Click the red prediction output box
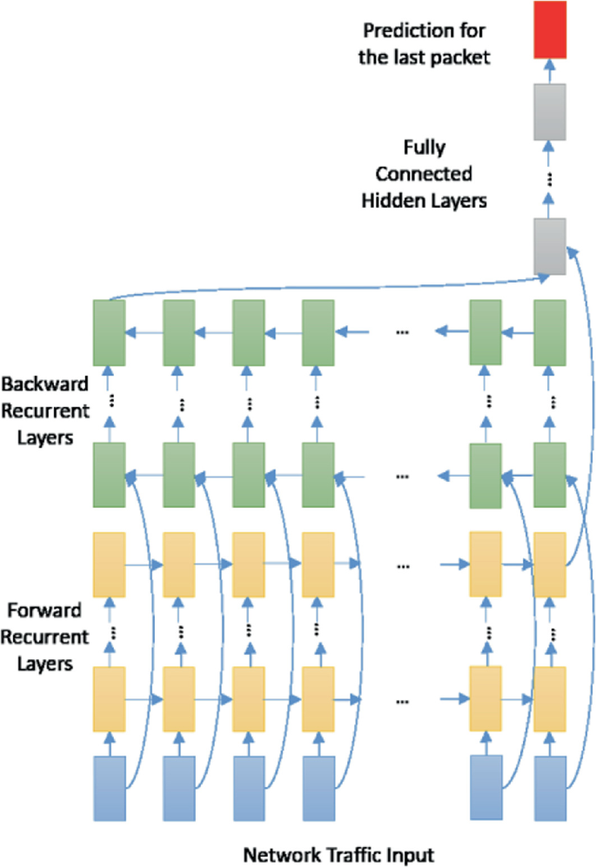click(550, 29)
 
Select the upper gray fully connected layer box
click(550, 110)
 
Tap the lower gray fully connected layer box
click(550, 246)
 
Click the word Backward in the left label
click(37, 384)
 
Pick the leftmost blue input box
click(110, 788)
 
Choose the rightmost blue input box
click(550, 788)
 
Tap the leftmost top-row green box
click(110, 331)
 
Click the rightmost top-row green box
click(550, 331)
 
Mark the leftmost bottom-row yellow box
click(110, 698)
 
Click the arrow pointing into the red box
click(550, 70)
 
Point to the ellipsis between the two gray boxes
click(550, 179)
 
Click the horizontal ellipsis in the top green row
click(403, 332)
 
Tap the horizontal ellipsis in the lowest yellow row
click(403, 698)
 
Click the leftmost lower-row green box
click(110, 475)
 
